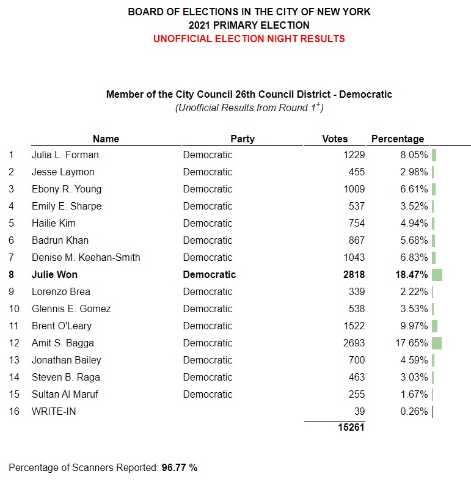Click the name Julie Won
coord(54,275)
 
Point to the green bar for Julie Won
coord(437,275)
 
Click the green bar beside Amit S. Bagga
coord(436,343)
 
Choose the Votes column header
coord(335,139)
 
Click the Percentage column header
coord(398,139)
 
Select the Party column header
coord(243,139)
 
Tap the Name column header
coord(106,139)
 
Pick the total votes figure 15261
coord(351,428)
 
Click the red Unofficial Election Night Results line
coord(249,38)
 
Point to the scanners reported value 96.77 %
coord(179,468)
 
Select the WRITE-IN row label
coord(54,412)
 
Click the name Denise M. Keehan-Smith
coord(86,258)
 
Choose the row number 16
coord(14,412)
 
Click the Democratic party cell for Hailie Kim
coord(208,224)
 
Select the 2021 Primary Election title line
coord(249,25)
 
